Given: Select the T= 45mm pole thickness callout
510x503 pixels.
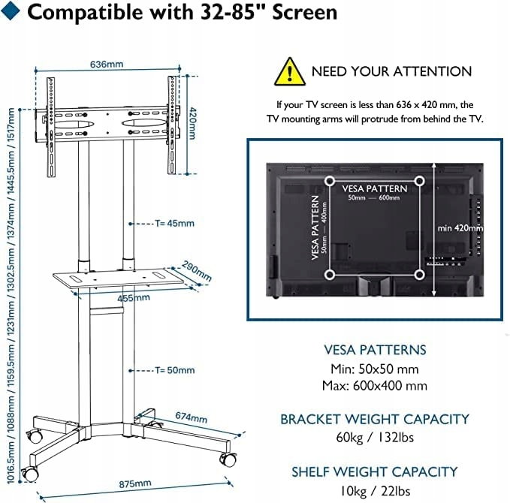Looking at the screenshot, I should click(174, 223).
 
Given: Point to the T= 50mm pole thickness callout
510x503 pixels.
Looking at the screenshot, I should click(174, 370).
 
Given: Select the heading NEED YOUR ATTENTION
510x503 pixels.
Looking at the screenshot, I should click(391, 71).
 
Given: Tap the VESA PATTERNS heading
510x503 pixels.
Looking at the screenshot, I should click(375, 350).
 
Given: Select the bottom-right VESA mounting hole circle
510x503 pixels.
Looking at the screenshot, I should click(419, 275).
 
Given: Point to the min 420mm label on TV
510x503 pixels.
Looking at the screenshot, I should click(460, 227).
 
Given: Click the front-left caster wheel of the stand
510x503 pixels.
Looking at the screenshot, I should click(30, 473).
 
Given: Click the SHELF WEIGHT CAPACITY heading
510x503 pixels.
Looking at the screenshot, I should click(374, 471).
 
